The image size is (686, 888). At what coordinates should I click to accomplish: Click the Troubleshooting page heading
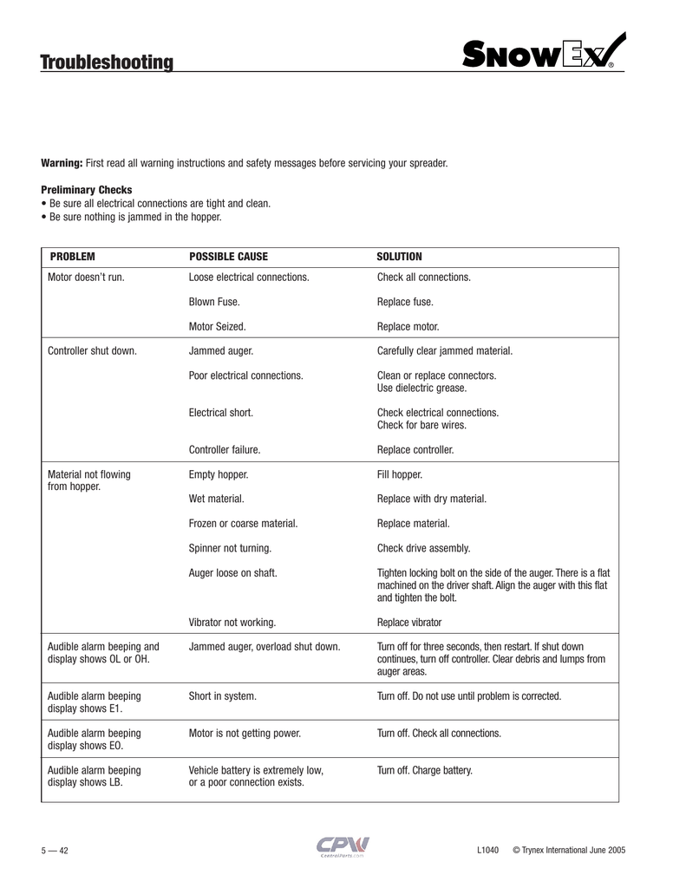click(107, 62)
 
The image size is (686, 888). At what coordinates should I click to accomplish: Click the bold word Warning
click(62, 163)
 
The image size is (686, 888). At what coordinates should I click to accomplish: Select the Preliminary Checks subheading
click(87, 190)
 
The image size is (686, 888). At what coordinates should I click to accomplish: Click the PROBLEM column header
click(72, 257)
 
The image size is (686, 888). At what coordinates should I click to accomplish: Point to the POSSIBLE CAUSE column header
click(228, 257)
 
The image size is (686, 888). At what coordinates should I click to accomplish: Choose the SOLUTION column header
click(399, 257)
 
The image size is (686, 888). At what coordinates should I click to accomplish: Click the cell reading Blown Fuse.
click(214, 302)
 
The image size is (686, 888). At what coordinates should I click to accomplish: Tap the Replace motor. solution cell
click(408, 327)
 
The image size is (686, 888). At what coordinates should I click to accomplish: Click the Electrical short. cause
click(220, 413)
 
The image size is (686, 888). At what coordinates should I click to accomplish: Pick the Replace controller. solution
click(415, 450)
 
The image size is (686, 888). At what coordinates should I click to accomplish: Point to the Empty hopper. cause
click(218, 475)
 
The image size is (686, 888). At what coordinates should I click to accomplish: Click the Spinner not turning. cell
click(230, 548)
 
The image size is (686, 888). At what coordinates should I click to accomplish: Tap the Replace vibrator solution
click(408, 622)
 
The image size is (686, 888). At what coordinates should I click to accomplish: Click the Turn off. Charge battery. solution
click(424, 769)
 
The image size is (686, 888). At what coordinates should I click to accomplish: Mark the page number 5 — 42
click(55, 850)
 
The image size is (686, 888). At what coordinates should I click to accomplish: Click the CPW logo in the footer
click(342, 845)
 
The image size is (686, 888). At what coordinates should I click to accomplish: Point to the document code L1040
click(487, 849)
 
